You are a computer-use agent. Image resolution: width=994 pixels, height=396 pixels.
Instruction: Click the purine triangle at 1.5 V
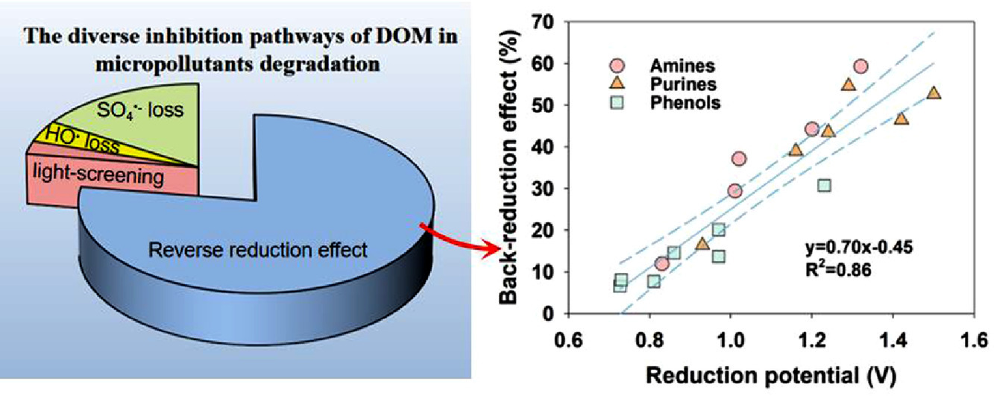tap(934, 93)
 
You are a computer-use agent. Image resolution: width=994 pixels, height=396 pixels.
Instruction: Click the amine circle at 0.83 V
tap(661, 263)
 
